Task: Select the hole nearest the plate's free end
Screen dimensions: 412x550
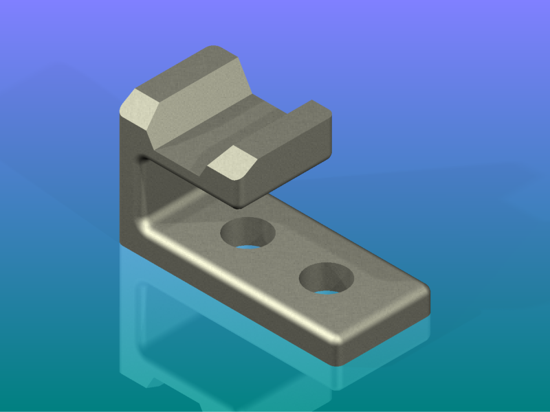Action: [327, 278]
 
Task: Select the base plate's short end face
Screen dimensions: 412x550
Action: [388, 330]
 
